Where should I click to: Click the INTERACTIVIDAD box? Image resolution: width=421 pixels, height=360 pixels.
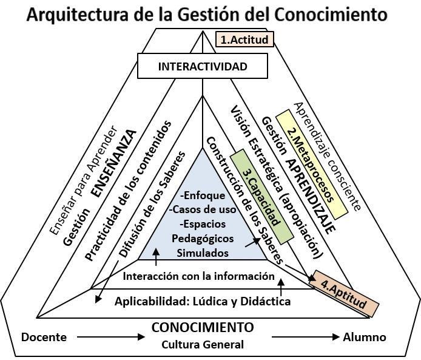(202, 66)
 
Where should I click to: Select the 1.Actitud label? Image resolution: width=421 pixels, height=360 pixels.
(243, 40)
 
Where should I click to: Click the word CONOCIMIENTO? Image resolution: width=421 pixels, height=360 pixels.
(203, 327)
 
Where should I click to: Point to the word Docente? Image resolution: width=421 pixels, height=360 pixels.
(44, 337)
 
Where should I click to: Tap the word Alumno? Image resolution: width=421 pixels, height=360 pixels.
(364, 337)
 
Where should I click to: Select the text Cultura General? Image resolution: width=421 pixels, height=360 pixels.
(203, 345)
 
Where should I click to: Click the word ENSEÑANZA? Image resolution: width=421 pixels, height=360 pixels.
(113, 163)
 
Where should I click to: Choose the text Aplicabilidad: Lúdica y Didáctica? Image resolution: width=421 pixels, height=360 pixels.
(203, 301)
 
